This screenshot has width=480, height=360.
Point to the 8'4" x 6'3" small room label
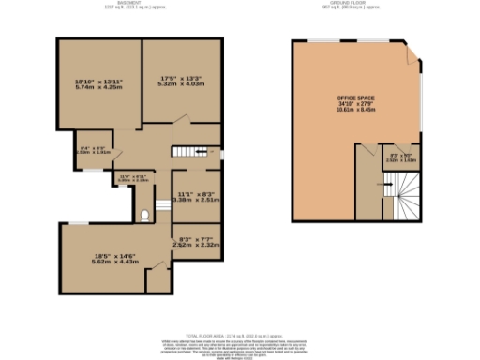(x=92, y=148)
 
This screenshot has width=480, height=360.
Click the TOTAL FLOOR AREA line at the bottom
(x=239, y=336)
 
